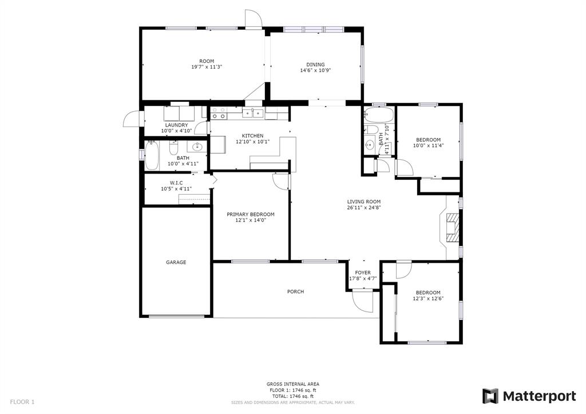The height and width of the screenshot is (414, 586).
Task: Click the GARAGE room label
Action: tap(176, 262)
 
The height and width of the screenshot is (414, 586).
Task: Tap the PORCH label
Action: tap(295, 291)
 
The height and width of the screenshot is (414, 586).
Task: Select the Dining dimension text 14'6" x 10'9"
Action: tap(315, 70)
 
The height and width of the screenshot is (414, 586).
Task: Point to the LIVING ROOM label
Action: tap(363, 202)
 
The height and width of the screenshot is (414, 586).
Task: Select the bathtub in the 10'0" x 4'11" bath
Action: tap(152, 155)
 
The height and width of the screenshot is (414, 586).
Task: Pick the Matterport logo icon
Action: tap(490, 396)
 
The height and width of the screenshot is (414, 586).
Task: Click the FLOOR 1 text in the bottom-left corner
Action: tap(22, 402)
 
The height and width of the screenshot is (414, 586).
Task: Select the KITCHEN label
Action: tap(252, 136)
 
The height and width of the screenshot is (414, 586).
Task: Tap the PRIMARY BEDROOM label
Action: tap(251, 214)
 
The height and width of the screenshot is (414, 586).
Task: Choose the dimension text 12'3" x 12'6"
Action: tap(428, 298)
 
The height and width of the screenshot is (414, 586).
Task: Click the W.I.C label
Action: tap(176, 183)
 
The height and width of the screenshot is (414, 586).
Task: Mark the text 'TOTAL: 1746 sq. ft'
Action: tap(292, 396)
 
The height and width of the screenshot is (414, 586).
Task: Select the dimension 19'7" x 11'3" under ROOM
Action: tap(207, 67)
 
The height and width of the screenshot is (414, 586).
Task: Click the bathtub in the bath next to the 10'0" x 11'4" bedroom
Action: tap(378, 115)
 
